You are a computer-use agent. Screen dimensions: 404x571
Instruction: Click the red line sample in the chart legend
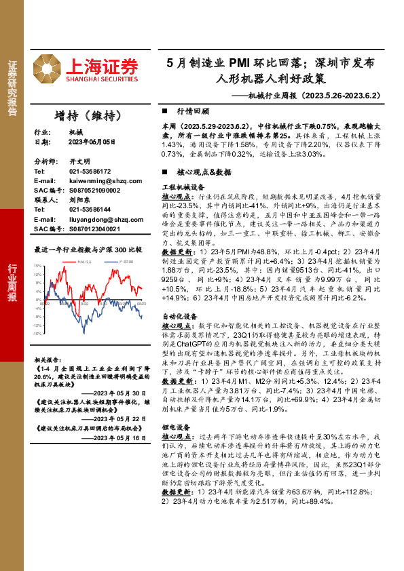(73, 260)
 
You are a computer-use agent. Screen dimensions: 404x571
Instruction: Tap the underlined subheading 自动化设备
(179, 315)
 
